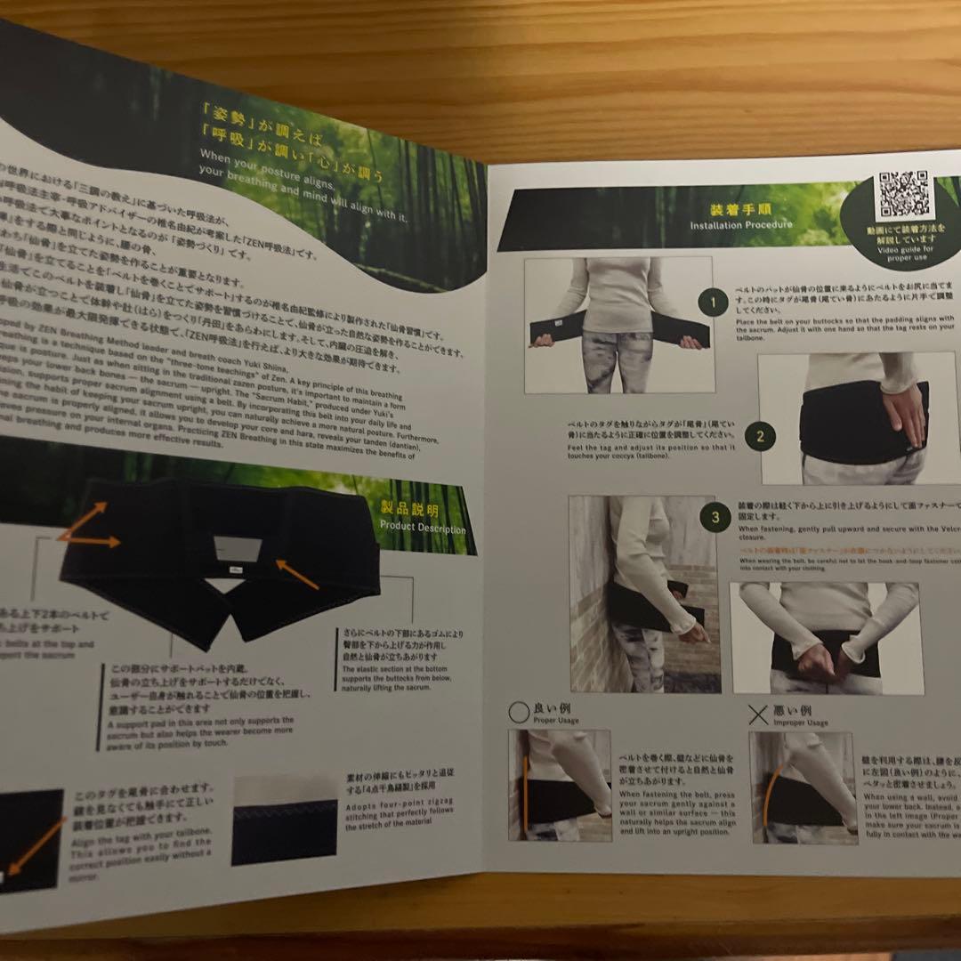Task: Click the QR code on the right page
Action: tap(902, 195)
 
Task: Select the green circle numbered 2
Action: tap(760, 436)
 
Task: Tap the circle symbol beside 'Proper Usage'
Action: tap(519, 711)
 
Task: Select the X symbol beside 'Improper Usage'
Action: tap(757, 715)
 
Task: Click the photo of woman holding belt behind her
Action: tap(618, 325)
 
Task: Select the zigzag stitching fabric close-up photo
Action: tap(284, 820)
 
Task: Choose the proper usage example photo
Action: tap(559, 785)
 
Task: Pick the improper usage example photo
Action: tap(802, 787)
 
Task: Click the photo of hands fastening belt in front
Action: tap(825, 638)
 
